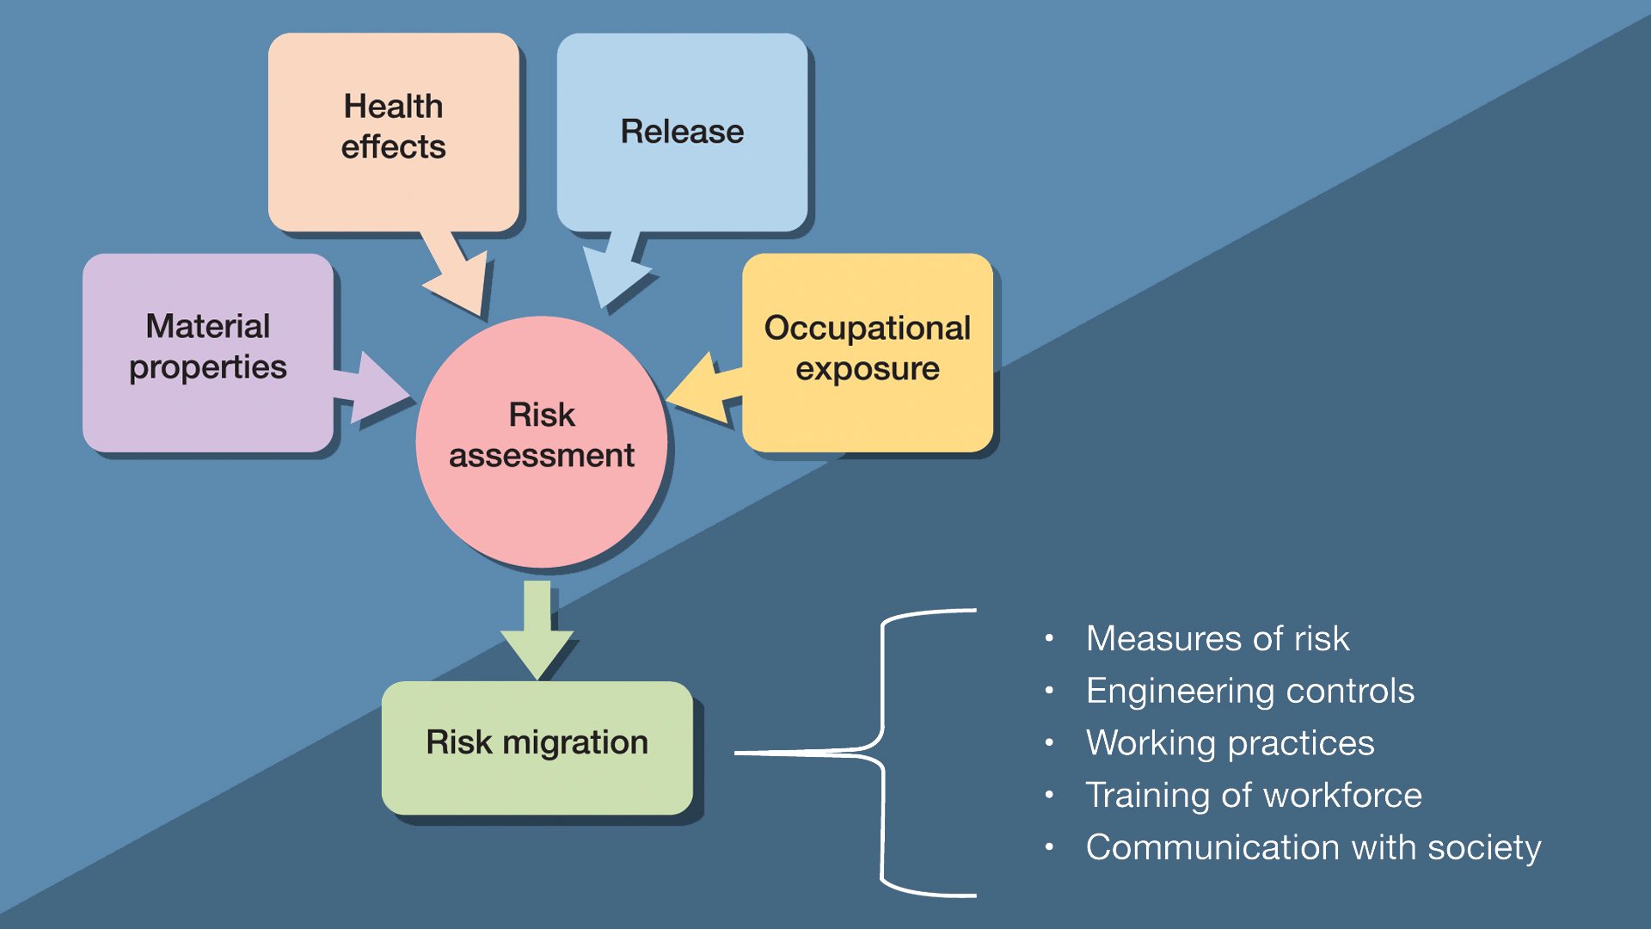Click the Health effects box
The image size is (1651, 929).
(394, 132)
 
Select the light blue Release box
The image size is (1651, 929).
(682, 132)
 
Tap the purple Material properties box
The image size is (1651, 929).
(208, 353)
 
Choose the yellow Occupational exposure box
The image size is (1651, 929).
(868, 353)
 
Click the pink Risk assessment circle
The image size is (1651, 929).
(542, 442)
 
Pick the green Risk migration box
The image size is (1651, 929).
(537, 748)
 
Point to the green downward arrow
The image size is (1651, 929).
(537, 631)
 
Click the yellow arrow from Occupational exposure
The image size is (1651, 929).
(704, 389)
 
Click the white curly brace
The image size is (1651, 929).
(855, 753)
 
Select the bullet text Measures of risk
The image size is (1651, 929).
(1218, 638)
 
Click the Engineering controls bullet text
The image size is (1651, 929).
(1250, 692)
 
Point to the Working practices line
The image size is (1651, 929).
(1231, 743)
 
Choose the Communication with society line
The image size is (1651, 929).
(1314, 848)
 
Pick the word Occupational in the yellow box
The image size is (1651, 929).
(868, 329)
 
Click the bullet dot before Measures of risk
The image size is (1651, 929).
(1049, 638)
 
